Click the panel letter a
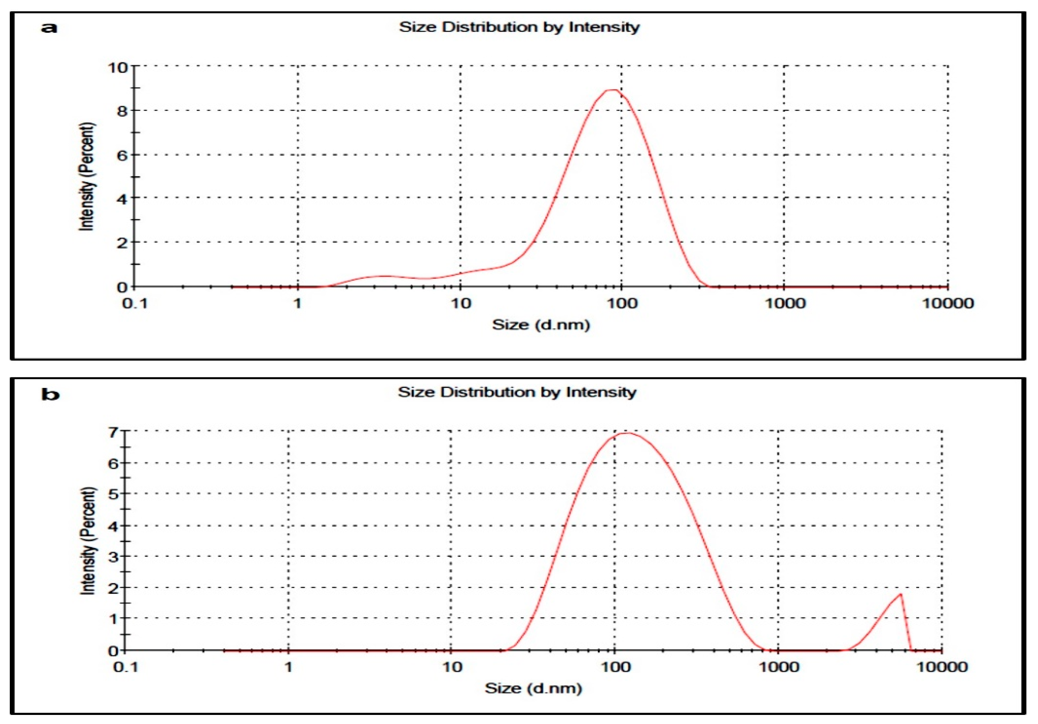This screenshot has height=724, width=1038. pos(49,28)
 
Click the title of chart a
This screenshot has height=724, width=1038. pos(519,27)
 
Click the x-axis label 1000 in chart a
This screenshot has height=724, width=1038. pos(785,303)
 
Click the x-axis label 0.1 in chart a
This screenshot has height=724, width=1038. pos(135,303)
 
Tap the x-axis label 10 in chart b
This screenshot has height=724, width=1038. pos(451,667)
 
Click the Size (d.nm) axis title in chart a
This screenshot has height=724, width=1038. pos(541,324)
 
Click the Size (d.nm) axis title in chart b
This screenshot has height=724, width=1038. pos(533,688)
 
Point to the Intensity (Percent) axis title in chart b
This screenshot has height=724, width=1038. pos(88,541)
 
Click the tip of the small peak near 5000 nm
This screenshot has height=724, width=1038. pos(901,594)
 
